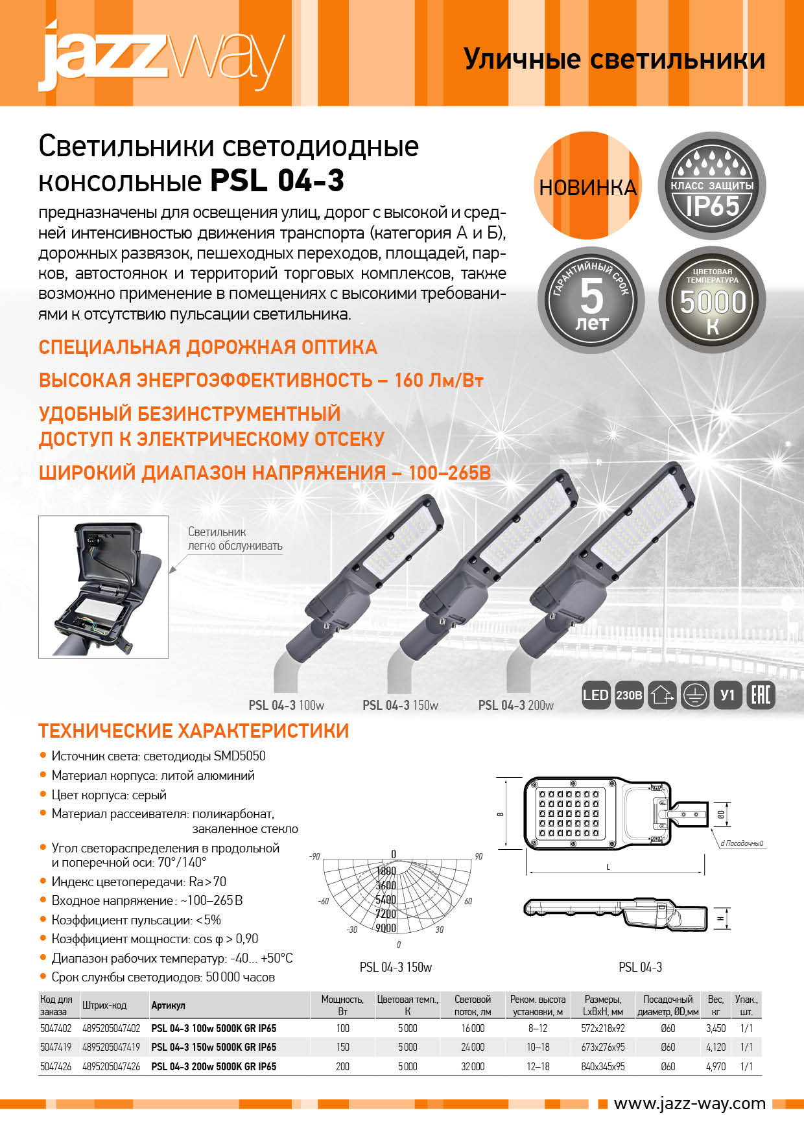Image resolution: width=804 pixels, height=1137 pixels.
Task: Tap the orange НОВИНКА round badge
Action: point(588,187)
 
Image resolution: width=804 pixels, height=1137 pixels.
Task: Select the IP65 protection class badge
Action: point(712,187)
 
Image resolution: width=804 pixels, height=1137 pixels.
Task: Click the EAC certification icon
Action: point(761,696)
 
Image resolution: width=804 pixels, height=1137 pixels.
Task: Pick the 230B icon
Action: point(628,696)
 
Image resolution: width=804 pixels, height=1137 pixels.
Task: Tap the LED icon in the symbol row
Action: point(595,696)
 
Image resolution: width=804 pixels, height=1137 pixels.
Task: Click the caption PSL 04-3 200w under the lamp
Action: point(515,705)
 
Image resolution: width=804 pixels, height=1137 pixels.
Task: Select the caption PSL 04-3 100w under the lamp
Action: point(286,705)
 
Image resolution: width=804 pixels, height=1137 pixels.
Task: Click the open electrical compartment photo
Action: point(104,587)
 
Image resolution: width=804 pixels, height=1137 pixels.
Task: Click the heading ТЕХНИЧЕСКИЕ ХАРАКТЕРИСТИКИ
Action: point(193,731)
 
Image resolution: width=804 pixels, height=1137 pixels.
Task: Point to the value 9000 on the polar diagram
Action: point(386,928)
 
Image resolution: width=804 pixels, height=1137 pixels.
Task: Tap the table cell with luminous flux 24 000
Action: point(473,1047)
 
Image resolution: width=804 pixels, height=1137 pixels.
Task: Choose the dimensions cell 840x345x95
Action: point(603,1066)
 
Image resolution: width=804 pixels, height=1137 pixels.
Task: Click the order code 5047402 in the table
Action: point(56,1028)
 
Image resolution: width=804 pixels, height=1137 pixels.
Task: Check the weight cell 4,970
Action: point(716,1066)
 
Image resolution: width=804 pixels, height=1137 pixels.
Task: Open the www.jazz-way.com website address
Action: point(689,1103)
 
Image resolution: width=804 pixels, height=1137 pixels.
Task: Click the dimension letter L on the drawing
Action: point(608,867)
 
